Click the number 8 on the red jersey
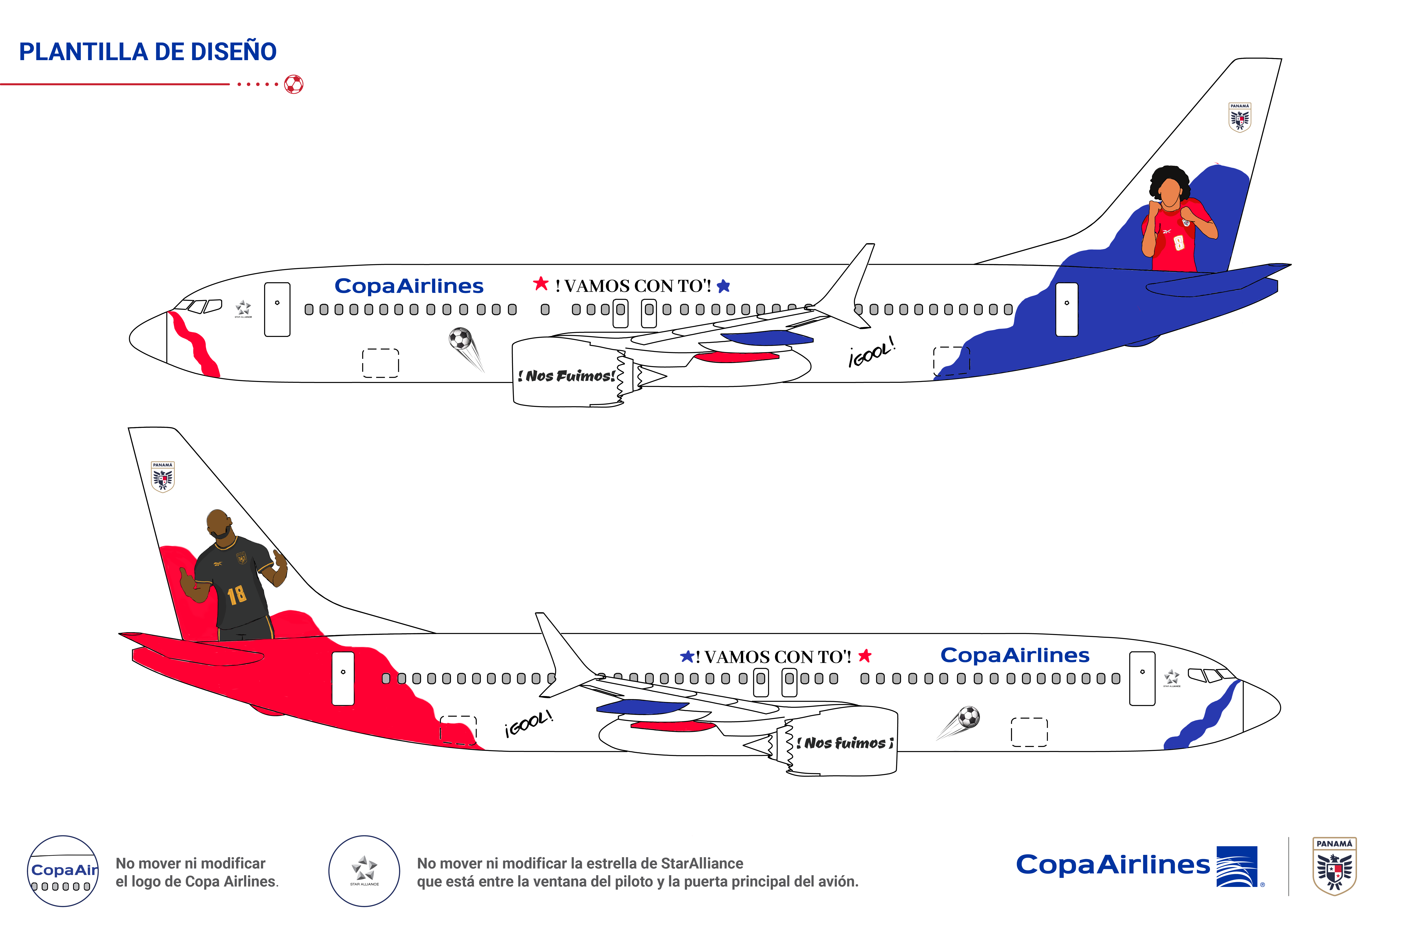pyautogui.click(x=1178, y=242)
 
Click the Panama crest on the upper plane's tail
pyautogui.click(x=1239, y=117)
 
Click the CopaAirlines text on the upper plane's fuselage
pyautogui.click(x=409, y=286)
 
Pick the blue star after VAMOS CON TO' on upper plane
pyautogui.click(x=723, y=286)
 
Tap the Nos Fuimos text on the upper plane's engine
pyautogui.click(x=568, y=376)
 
